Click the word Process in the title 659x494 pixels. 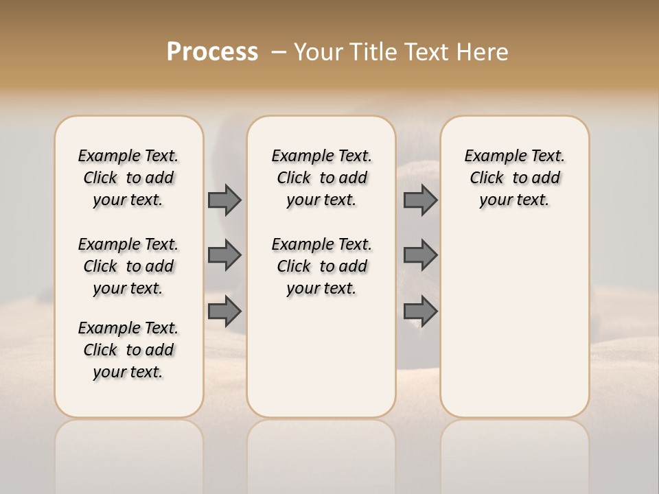212,52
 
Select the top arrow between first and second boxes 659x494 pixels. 224,200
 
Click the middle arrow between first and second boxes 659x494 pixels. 224,255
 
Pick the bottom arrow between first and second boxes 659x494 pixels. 224,311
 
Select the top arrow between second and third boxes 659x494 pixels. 420,200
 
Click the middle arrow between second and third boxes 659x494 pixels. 420,255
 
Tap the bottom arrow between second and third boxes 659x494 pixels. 420,311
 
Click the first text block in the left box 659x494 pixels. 128,178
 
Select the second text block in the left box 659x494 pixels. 128,266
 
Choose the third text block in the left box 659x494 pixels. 128,350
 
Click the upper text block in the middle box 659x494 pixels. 321,178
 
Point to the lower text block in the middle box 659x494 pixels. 321,266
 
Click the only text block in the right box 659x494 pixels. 514,178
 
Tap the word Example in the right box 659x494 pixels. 491,156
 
